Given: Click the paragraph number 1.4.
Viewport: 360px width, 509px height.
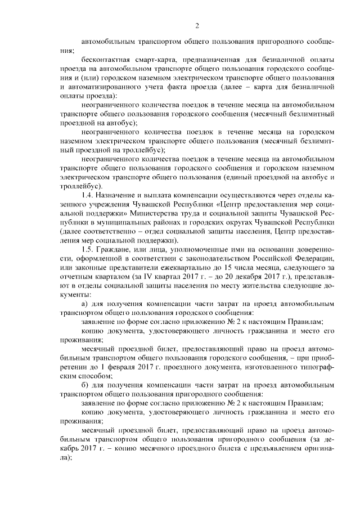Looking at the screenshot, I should tap(88, 195).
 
